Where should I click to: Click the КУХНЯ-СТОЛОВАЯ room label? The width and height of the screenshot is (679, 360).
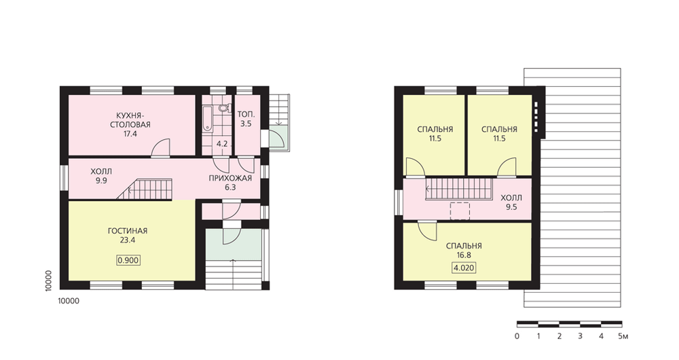pos(130,125)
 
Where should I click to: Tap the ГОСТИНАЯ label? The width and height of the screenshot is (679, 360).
pos(128,231)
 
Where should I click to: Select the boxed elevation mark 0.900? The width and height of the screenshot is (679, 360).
pos(128,260)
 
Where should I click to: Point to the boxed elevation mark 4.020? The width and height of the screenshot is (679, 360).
pos(464,268)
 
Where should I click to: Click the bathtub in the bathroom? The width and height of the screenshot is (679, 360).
pos(207,117)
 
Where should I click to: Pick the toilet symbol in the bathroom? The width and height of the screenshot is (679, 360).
pos(223,107)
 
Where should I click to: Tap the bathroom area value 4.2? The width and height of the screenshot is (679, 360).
pos(222,144)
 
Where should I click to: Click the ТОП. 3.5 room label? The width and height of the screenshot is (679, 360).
pos(246,119)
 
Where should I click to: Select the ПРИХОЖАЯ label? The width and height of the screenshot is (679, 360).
pos(230,178)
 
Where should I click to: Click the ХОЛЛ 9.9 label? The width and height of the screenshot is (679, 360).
pos(101,176)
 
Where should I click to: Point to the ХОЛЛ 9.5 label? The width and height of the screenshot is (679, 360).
pos(511,202)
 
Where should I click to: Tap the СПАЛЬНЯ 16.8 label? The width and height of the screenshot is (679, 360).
pos(464,251)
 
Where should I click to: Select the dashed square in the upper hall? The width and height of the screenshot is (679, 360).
pos(460,211)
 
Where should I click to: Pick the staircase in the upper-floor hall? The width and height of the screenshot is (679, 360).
pos(460,190)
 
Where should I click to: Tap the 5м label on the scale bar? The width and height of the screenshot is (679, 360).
pos(623,336)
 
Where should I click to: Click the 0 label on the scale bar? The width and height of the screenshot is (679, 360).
pos(517,336)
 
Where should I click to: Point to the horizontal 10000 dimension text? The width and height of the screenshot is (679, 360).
pos(69,301)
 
